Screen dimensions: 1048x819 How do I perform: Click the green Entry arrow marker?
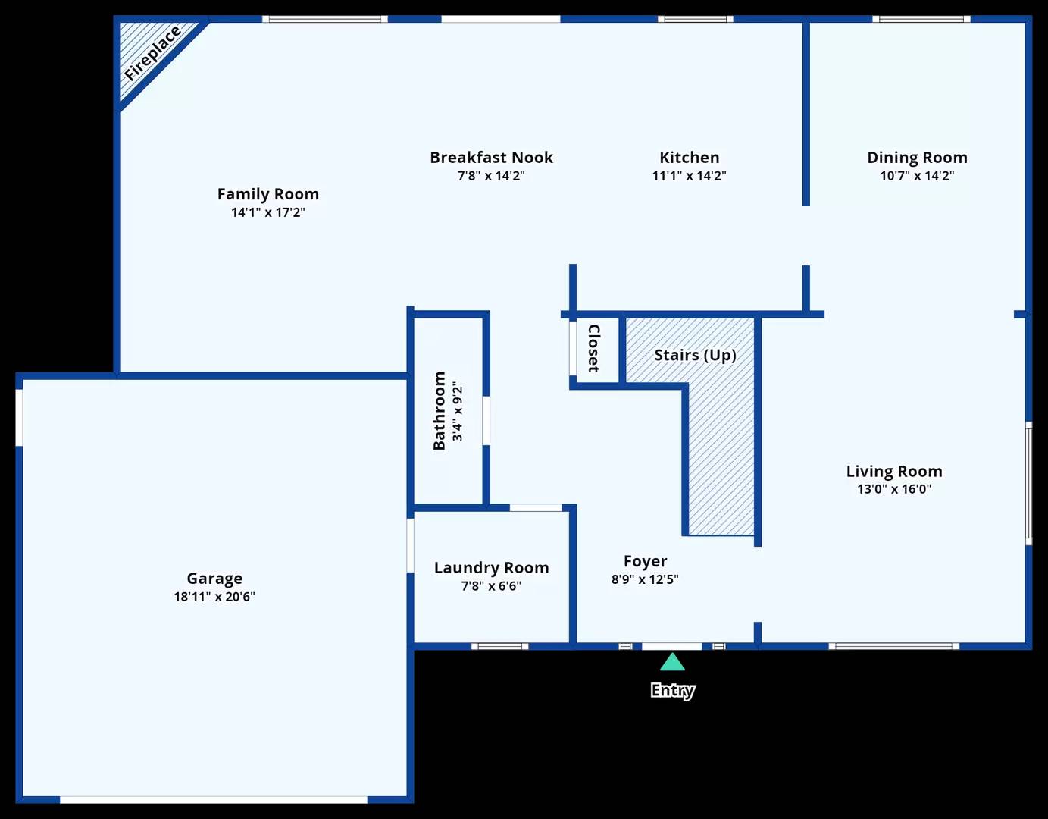coord(672,663)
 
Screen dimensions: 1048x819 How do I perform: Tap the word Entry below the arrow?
coord(673,691)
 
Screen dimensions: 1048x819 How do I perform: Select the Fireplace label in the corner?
coord(152,53)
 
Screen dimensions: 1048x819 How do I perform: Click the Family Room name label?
coord(268,194)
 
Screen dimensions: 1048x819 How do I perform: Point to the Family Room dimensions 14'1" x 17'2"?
coord(268,212)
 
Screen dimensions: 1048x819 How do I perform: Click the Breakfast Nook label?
coord(492,157)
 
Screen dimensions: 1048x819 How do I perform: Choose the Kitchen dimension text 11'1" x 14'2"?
coord(689,176)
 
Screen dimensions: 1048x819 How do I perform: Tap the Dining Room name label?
coord(918,157)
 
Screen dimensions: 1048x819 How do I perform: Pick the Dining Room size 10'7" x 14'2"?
coord(918,176)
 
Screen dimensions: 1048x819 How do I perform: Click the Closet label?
coord(594,348)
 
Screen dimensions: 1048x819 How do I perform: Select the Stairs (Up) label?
coord(695,355)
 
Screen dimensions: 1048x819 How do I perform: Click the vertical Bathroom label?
coord(439,411)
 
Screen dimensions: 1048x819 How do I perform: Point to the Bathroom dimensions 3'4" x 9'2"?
coord(457,411)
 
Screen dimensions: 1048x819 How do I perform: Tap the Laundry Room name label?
coord(492,567)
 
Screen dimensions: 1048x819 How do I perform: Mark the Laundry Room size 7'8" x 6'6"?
coord(492,586)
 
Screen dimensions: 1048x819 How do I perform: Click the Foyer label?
coord(646,561)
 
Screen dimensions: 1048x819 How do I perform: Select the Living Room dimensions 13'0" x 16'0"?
coord(894,489)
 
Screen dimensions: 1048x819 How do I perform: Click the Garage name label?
coord(214,578)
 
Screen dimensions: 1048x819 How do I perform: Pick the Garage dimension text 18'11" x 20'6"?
coord(214,597)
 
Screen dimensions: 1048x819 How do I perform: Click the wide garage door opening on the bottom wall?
coord(214,800)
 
